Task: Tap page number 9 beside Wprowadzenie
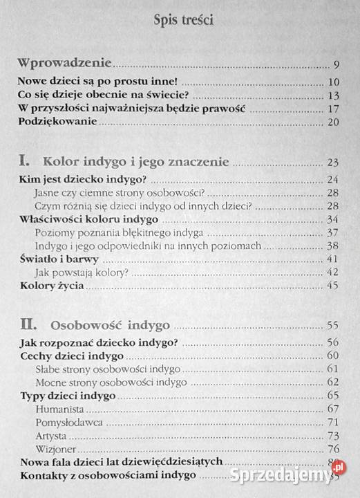[334, 66]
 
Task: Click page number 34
[332, 219]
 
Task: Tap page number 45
[332, 286]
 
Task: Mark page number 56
[332, 342]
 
